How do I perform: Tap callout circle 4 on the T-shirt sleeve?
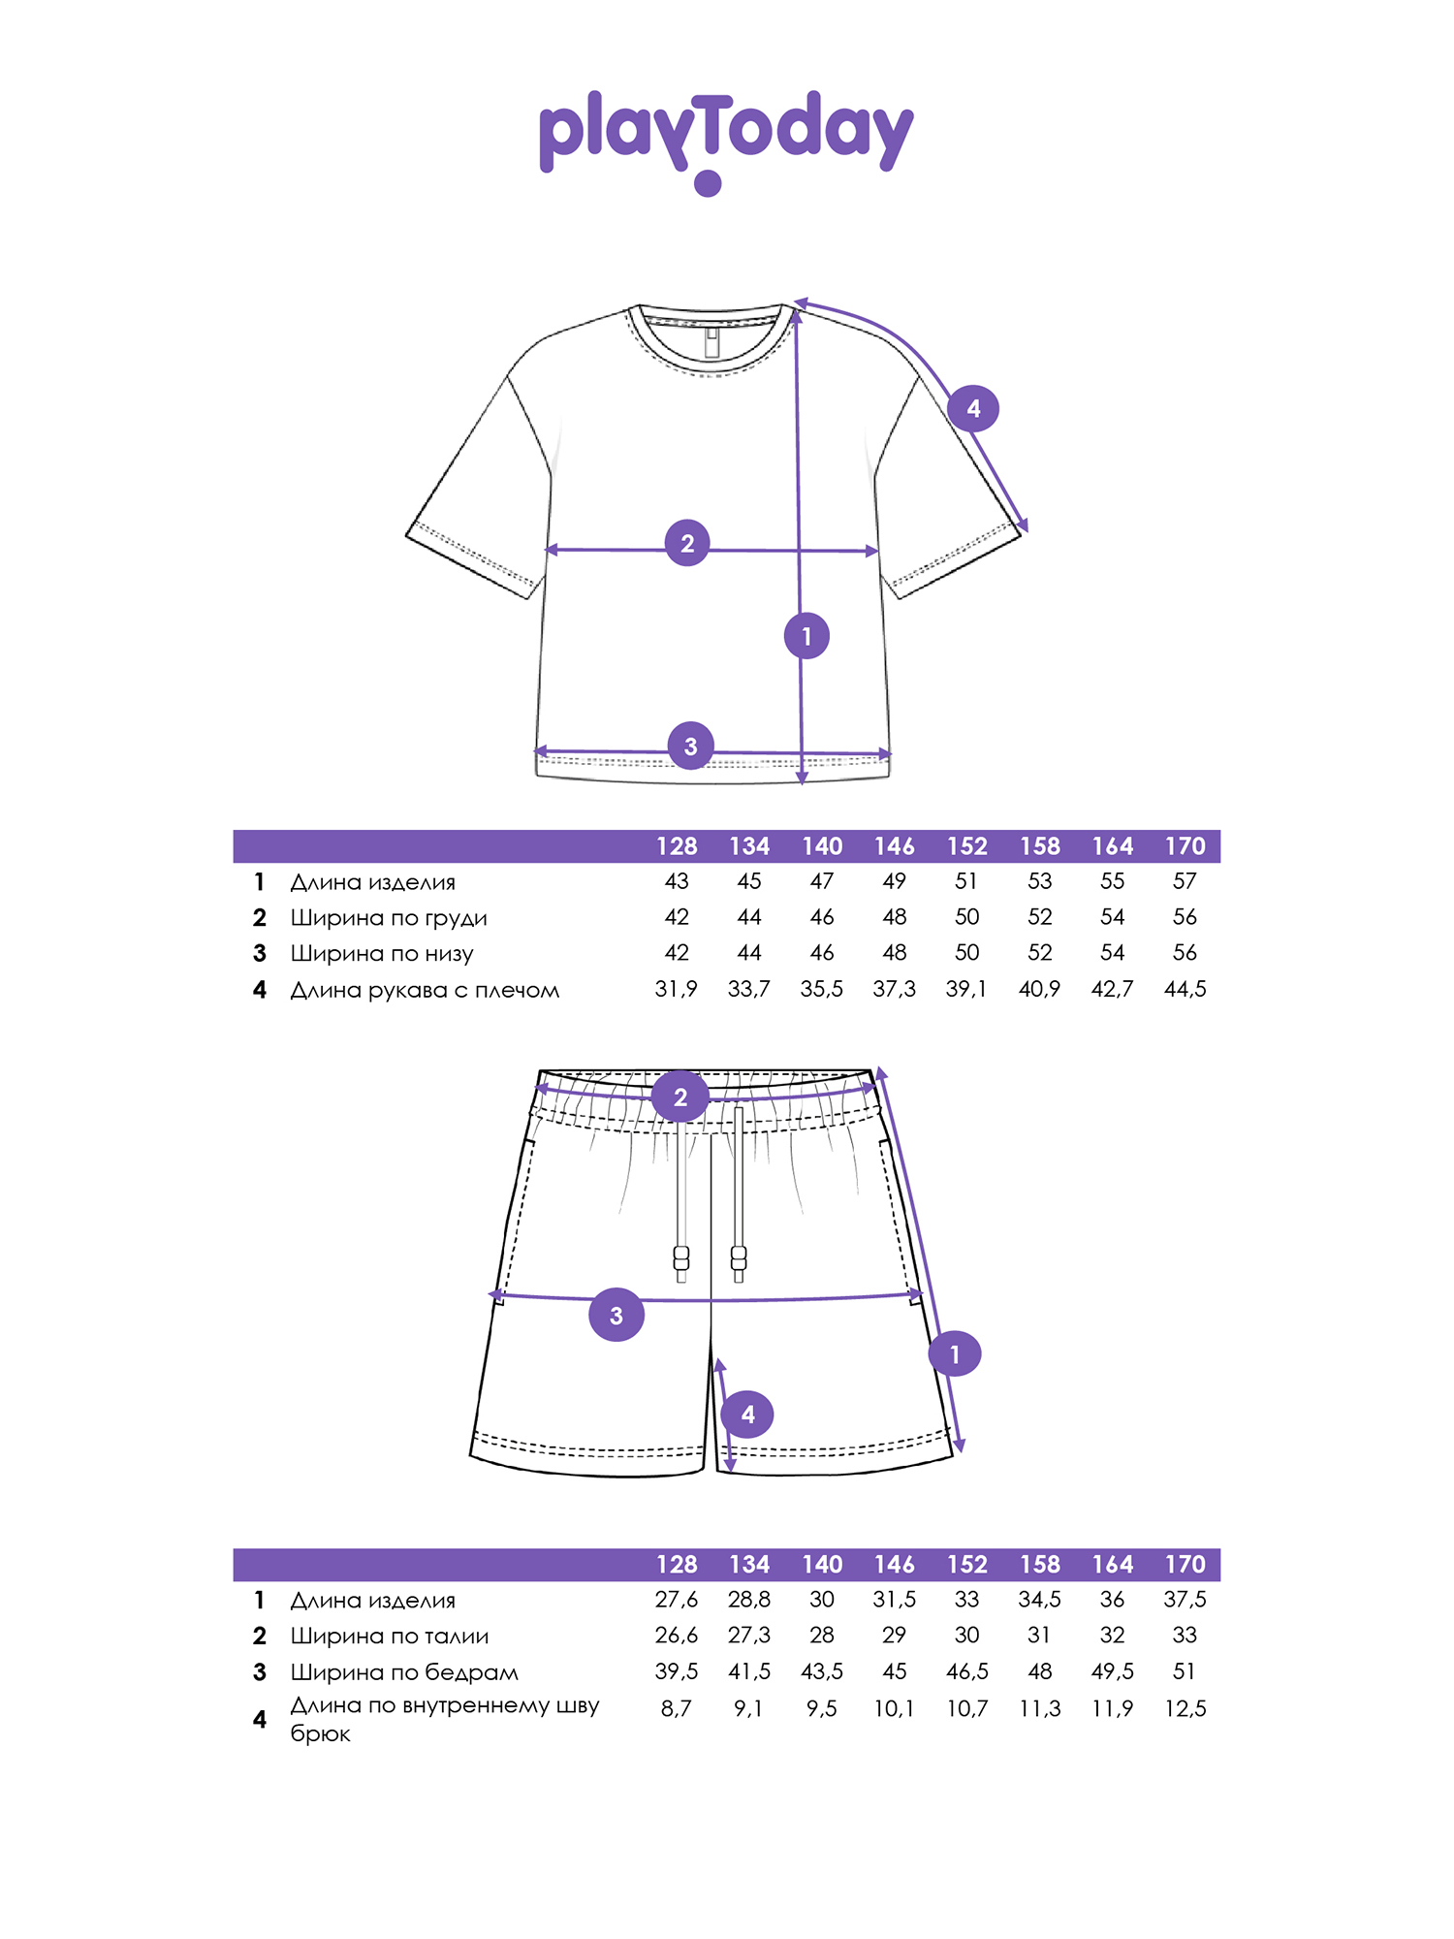click(973, 408)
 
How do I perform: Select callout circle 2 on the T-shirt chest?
click(687, 543)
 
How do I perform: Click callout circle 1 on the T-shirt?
click(806, 636)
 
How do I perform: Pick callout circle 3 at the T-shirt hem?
click(690, 746)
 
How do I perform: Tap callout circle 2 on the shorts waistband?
click(680, 1097)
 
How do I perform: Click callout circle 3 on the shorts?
click(616, 1315)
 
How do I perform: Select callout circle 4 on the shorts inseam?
click(747, 1414)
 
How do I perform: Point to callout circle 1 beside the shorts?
click(955, 1353)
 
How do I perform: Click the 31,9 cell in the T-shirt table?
click(677, 989)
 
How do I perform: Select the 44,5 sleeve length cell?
click(1185, 989)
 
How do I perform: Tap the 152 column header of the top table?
click(967, 846)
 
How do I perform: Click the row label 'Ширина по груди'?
click(389, 918)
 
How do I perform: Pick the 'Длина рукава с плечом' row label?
click(425, 991)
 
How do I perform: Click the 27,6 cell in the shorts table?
click(677, 1599)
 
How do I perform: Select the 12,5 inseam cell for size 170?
click(1185, 1708)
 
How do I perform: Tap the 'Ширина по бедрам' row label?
click(404, 1671)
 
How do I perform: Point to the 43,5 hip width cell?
click(822, 1671)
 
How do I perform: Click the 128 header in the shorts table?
click(677, 1564)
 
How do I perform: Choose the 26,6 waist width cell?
click(677, 1635)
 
